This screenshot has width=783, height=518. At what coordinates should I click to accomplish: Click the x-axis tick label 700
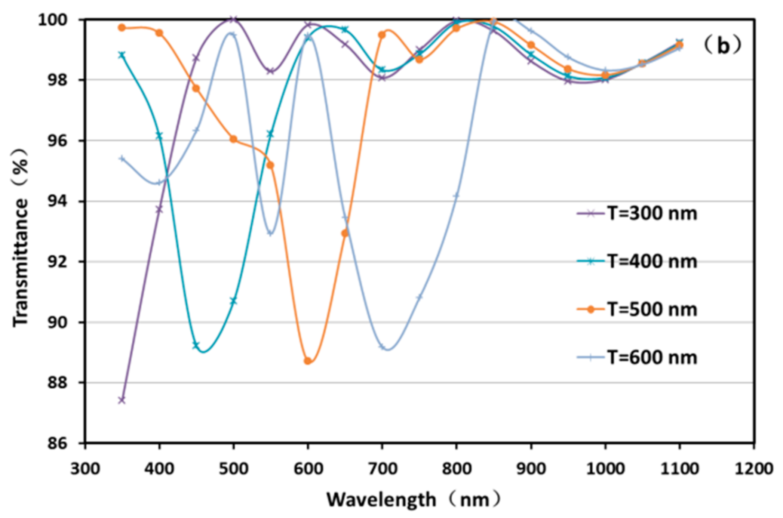(x=382, y=468)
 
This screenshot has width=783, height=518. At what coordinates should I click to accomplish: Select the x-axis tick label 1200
(x=753, y=468)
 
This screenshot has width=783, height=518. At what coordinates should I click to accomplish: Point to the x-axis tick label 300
(x=85, y=468)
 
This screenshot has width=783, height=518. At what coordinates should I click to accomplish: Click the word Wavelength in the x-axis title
(x=381, y=500)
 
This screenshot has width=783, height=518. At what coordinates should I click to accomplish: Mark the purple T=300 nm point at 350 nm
(x=122, y=400)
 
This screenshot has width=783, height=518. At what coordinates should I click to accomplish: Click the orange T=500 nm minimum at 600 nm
(x=307, y=361)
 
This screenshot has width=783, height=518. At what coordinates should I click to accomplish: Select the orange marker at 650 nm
(x=345, y=233)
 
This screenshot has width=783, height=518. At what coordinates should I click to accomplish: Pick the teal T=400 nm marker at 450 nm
(x=196, y=345)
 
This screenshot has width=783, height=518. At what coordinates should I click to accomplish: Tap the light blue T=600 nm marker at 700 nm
(x=382, y=347)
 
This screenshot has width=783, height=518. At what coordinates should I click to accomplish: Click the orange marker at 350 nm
(x=122, y=28)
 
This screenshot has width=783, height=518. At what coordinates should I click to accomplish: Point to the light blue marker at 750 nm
(x=419, y=297)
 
